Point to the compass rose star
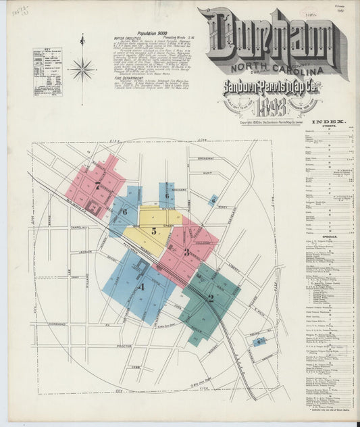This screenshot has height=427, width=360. tap(82, 68)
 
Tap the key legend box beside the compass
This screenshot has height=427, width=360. tap(47, 71)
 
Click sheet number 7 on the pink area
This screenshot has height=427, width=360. tap(98, 184)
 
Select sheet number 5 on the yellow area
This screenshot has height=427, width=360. tap(154, 231)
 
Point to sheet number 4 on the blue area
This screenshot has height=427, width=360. tap(141, 286)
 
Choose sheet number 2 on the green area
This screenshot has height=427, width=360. tap(210, 297)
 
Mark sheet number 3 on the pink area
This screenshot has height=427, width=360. tap(186, 252)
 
